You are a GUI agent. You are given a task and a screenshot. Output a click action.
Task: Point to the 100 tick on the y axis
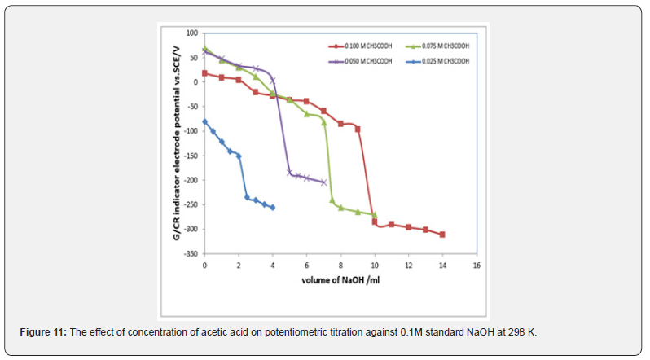tap(193, 33)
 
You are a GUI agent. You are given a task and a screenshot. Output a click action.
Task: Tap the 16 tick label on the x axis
tap(477, 266)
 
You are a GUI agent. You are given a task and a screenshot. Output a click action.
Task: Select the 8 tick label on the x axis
tap(340, 266)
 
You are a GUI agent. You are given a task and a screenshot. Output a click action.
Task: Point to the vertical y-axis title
tap(177, 143)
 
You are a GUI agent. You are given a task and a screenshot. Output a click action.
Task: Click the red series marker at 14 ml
tap(442, 235)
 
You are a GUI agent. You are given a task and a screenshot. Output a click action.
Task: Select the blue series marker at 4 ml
tap(272, 208)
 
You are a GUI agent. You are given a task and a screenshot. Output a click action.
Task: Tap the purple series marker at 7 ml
tap(323, 182)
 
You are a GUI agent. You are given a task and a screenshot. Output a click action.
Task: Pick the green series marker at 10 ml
tap(375, 215)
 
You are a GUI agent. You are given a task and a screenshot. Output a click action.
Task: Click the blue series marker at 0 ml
tap(204, 121)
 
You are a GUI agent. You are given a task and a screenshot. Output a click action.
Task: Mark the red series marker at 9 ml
tap(358, 129)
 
